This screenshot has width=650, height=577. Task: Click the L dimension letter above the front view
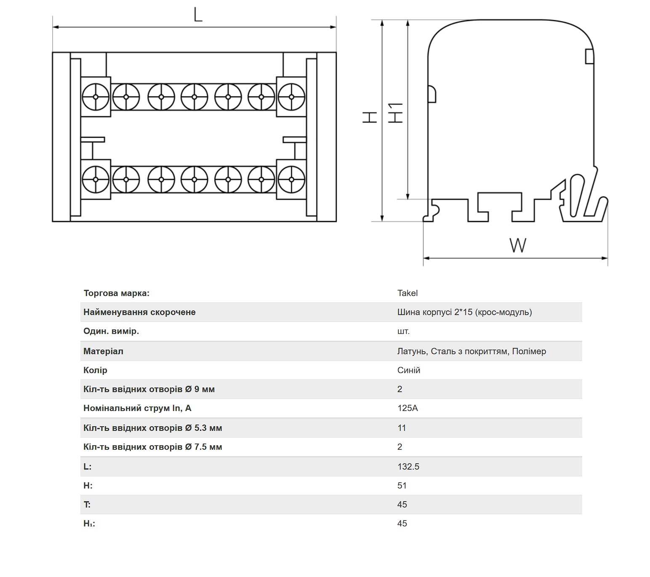[198, 14]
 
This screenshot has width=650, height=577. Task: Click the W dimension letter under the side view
[517, 246]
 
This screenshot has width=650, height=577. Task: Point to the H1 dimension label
[395, 112]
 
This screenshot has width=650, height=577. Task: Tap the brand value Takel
[407, 293]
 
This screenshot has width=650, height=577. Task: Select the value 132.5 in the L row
[408, 466]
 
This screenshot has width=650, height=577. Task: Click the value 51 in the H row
[402, 485]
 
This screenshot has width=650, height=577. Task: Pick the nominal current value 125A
[408, 408]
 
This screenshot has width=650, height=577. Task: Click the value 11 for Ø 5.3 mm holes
[401, 428]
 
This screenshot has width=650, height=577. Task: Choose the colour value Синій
[408, 370]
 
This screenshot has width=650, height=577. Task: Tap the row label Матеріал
[103, 351]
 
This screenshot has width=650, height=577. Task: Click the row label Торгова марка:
[117, 293]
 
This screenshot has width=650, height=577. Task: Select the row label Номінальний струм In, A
[137, 408]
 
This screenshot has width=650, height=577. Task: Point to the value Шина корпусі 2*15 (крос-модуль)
[465, 312]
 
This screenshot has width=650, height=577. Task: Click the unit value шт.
[403, 331]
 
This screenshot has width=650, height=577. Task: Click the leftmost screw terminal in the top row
[96, 97]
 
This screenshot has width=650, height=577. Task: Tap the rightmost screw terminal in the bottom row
[291, 179]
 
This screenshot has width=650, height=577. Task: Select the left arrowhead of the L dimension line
[56, 27]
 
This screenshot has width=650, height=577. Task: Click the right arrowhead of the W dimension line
[604, 258]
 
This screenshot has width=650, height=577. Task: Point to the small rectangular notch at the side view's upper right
[589, 56]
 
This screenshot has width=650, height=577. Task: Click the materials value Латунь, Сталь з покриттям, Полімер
[472, 351]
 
